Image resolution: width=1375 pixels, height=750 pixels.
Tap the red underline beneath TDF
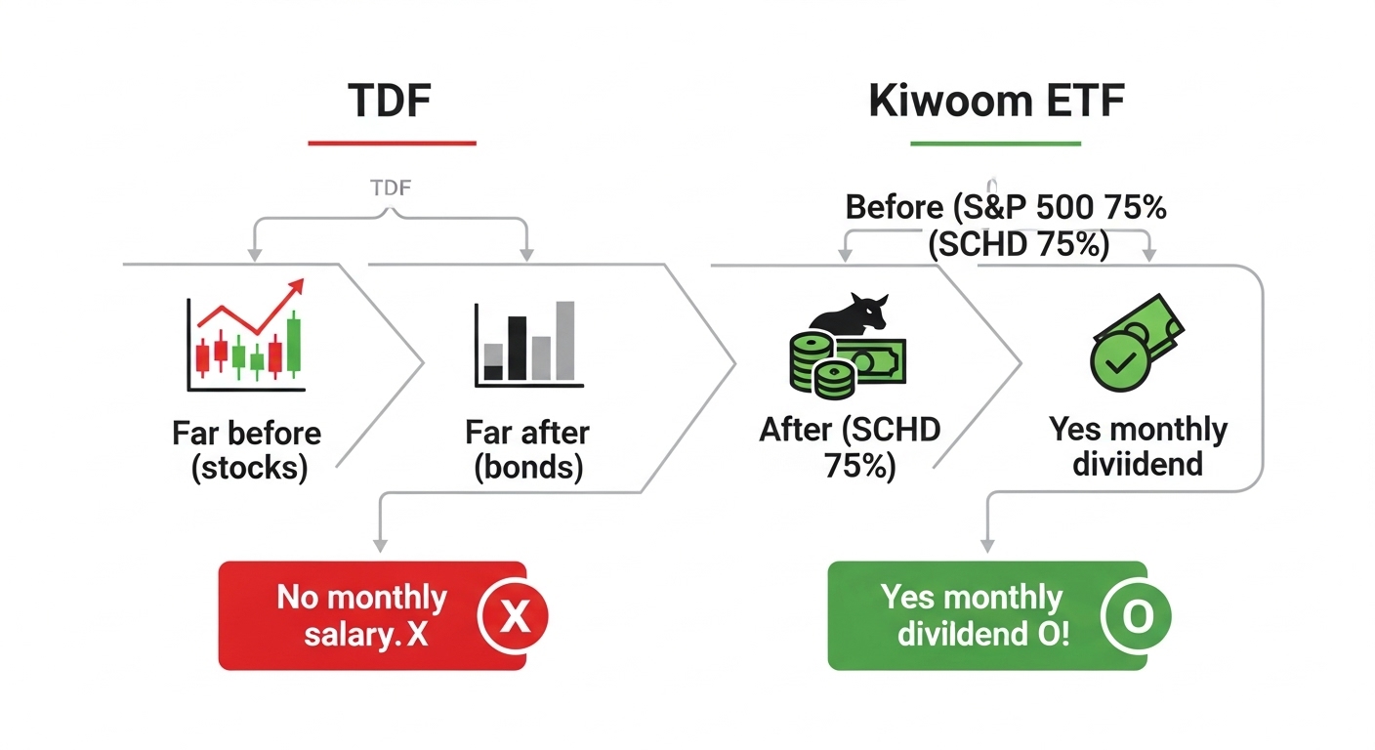coord(392,144)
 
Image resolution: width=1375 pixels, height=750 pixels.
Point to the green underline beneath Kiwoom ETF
coord(995,145)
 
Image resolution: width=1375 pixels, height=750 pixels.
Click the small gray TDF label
coord(391,187)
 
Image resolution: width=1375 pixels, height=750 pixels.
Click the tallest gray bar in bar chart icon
coord(564,340)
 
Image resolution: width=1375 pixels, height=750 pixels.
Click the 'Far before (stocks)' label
coord(247,450)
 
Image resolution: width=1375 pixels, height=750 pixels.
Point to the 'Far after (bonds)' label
coord(527,450)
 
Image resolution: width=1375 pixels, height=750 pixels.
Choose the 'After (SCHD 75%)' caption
coord(849,447)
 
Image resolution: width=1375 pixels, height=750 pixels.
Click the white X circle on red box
coord(513,616)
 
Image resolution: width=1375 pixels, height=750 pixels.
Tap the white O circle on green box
coord(1136,617)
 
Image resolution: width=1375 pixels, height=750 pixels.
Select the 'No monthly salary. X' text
coord(361,615)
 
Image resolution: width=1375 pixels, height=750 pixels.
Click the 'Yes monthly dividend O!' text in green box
coord(973,615)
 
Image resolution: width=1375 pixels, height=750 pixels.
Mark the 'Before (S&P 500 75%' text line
coord(1006,208)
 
